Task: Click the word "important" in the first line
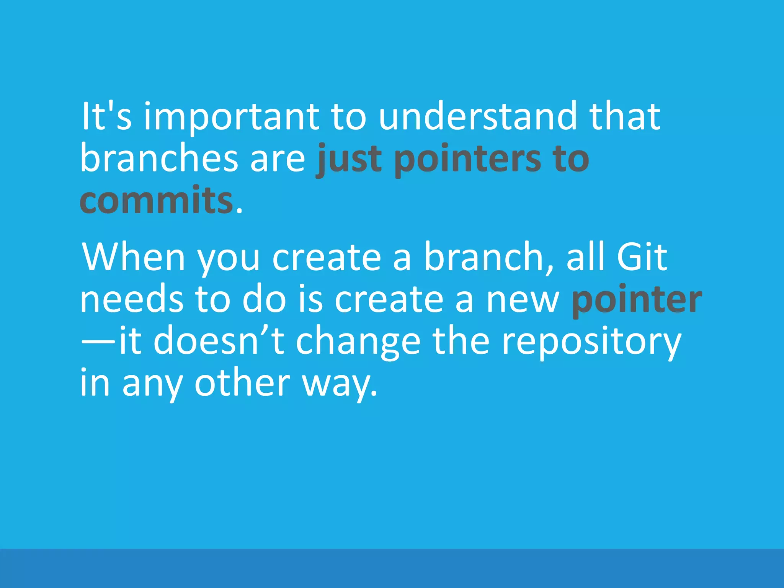pyautogui.click(x=231, y=116)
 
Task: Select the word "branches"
pyautogui.click(x=159, y=158)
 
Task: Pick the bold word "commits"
pyautogui.click(x=156, y=200)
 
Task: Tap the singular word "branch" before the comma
pyautogui.click(x=484, y=257)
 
